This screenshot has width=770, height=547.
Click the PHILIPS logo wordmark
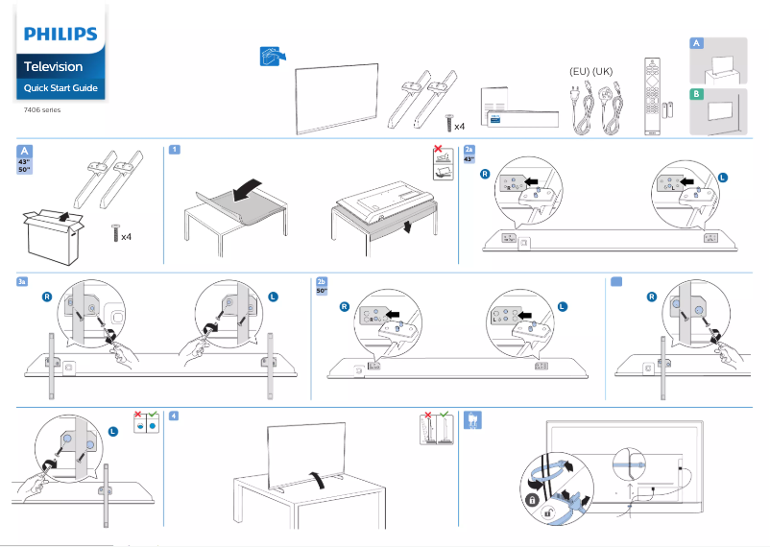tap(60, 35)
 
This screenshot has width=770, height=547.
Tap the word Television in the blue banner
tap(53, 67)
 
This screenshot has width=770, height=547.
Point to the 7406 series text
tap(42, 109)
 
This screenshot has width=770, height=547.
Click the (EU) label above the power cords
tap(579, 72)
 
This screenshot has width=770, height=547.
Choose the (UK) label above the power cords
tap(603, 72)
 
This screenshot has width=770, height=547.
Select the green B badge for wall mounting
tap(697, 94)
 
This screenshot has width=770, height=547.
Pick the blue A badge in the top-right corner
tap(697, 44)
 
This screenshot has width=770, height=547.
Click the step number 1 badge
tap(174, 150)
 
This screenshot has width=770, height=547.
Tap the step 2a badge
tap(469, 150)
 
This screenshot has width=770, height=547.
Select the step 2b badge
tap(322, 281)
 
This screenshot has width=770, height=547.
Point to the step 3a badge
tap(22, 281)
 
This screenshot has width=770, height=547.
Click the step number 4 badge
tap(174, 415)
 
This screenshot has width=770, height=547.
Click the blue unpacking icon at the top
tap(273, 56)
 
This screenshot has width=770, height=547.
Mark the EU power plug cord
tap(579, 110)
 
